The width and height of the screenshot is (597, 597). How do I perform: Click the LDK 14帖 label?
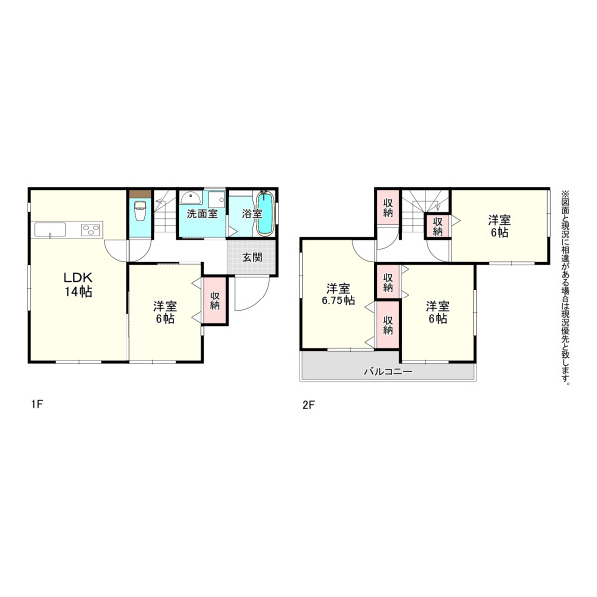(78, 284)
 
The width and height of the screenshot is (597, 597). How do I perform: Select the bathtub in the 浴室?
(265, 214)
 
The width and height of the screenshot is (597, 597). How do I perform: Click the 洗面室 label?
(202, 214)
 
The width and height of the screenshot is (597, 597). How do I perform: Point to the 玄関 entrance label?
(252, 257)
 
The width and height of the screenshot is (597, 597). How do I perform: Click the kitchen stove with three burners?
(92, 229)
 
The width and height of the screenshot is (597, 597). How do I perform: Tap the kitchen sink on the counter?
(50, 230)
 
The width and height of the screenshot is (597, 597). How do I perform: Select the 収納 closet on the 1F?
(215, 300)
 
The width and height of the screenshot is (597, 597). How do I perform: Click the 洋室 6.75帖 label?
(338, 294)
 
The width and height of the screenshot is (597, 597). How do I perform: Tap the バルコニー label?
(388, 371)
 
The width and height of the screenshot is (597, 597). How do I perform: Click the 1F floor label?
(37, 404)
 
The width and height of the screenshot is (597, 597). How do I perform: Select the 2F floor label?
(309, 404)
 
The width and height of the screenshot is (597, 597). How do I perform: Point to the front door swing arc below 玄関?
(259, 300)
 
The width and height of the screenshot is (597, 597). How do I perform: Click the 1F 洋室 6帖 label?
(165, 312)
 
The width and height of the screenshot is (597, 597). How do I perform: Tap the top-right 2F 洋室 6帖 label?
(499, 226)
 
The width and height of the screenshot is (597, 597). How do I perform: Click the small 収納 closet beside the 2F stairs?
(438, 226)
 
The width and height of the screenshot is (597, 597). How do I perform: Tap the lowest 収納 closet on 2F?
(388, 325)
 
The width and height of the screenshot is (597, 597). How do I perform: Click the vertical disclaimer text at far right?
(565, 288)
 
